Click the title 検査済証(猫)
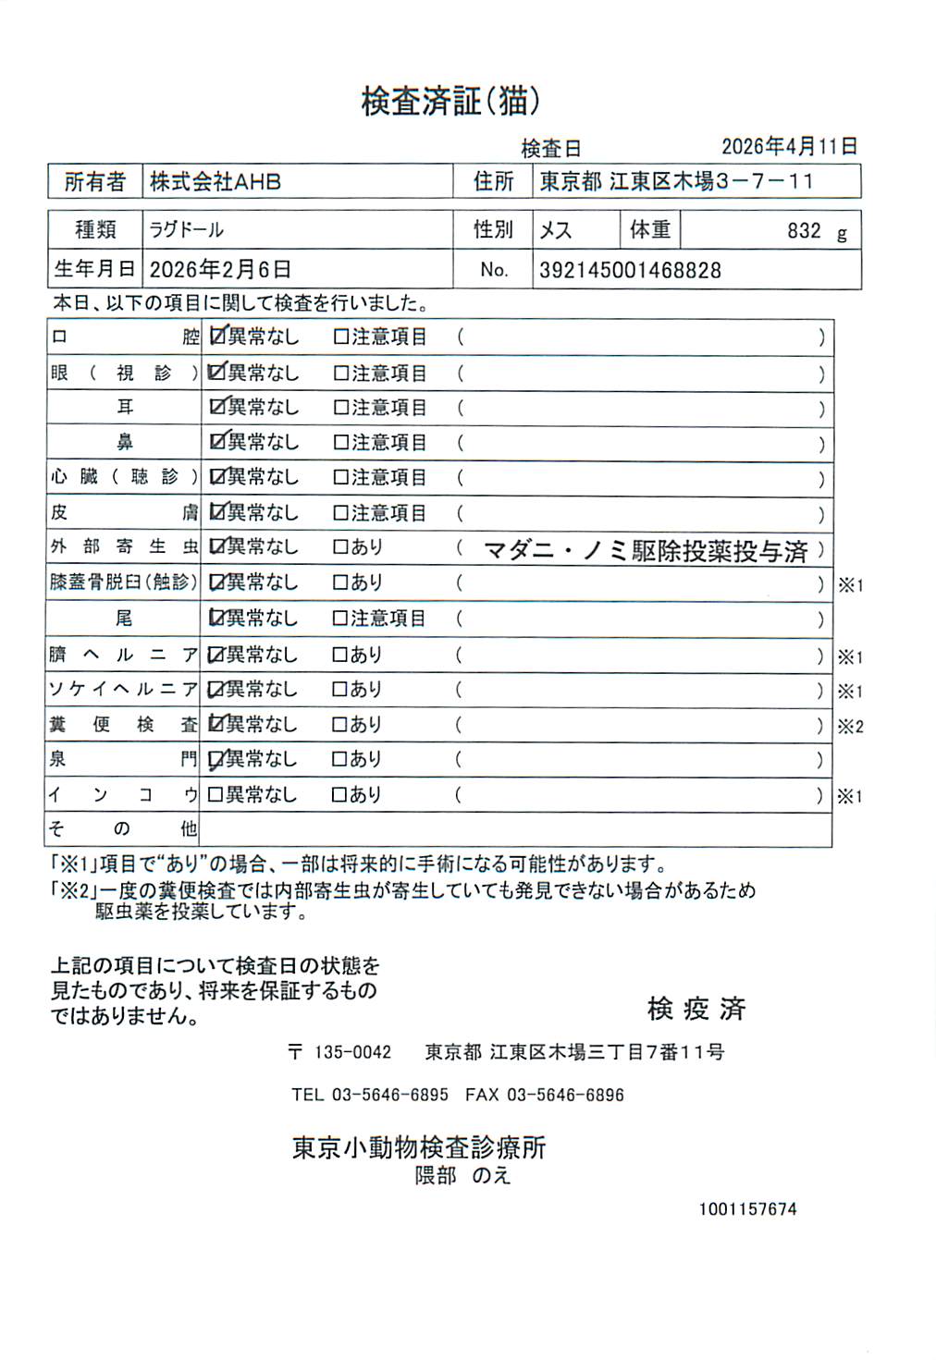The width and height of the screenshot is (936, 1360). [x=450, y=101]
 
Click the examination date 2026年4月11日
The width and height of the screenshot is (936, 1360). [x=789, y=146]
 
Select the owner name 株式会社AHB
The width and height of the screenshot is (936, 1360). [x=216, y=182]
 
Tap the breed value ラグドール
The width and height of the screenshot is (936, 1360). [x=186, y=230]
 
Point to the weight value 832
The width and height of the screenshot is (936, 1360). [x=804, y=231]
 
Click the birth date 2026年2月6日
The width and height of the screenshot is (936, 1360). [x=220, y=270]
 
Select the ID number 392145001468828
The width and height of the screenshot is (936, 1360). [x=630, y=271]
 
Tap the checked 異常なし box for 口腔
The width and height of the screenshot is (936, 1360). [x=217, y=337]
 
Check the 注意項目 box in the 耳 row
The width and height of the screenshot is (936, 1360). [x=340, y=408]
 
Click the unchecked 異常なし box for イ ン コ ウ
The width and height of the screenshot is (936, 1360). [x=216, y=794]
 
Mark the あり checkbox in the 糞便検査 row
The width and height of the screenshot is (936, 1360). [x=339, y=725]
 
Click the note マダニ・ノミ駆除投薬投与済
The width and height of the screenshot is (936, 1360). [x=646, y=552]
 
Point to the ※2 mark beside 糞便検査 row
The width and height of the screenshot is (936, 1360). [x=850, y=727]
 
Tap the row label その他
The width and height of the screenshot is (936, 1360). [x=122, y=829]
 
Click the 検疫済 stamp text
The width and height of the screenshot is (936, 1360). [x=696, y=1009]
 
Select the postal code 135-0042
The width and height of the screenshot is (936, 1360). [x=352, y=1052]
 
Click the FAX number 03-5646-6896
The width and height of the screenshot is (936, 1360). [x=565, y=1095]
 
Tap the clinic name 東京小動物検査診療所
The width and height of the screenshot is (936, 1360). [x=419, y=1147]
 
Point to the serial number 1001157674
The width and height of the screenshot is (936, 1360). [x=747, y=1209]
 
